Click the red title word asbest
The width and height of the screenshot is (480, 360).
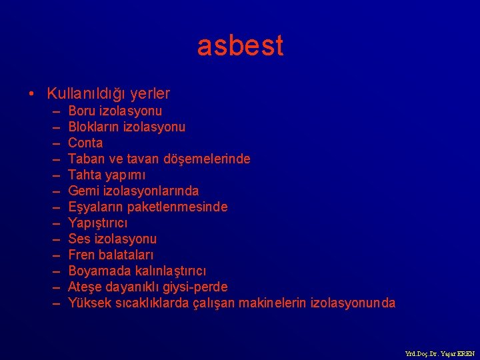point(240,45)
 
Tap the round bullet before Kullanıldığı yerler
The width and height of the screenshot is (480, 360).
point(33,94)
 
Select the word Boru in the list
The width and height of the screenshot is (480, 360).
point(81,111)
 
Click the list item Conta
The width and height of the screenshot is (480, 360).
point(85,143)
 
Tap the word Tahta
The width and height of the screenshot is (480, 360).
point(84,175)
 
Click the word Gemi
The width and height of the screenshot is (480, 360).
point(83,191)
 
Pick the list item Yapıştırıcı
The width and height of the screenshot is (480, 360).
point(97,223)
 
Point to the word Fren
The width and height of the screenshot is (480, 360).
point(81,255)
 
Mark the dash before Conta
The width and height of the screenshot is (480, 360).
point(54,143)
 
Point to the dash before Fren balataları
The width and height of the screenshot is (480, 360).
point(54,255)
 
